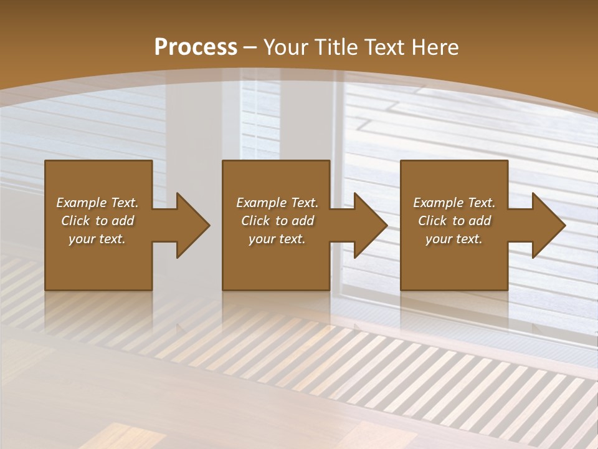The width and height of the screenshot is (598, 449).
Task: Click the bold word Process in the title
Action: click(x=196, y=47)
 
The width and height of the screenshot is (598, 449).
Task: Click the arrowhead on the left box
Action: click(x=190, y=225)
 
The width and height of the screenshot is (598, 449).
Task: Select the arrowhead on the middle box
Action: click(x=368, y=225)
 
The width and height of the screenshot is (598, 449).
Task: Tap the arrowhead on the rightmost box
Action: click(x=546, y=225)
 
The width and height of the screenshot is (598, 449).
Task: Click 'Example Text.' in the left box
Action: click(x=97, y=203)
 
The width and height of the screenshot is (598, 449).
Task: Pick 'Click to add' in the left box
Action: click(x=97, y=221)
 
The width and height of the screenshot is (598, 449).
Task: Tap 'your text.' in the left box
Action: click(x=97, y=239)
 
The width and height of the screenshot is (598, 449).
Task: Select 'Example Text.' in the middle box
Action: click(x=277, y=203)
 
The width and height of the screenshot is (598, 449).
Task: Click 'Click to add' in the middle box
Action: click(x=277, y=221)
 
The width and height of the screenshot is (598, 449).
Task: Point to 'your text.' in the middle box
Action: click(x=277, y=239)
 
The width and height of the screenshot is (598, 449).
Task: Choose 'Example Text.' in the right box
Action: click(x=454, y=203)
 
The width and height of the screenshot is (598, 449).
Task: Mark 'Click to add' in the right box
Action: click(x=455, y=221)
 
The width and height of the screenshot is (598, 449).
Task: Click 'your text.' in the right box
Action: click(x=454, y=239)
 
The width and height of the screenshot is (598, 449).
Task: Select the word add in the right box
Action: click(x=479, y=221)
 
